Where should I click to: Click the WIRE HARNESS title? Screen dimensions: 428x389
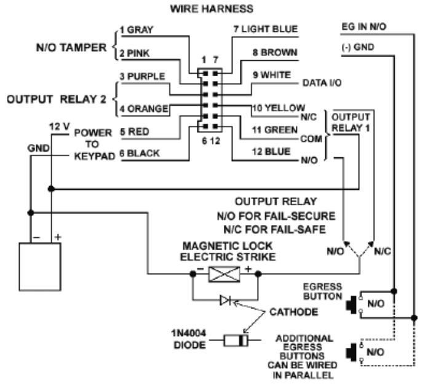[212, 9]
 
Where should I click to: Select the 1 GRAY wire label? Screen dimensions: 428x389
[137, 29]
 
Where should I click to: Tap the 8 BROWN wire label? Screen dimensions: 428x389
[275, 52]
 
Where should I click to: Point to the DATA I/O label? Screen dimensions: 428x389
[322, 83]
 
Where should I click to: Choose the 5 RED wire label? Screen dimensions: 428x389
[135, 132]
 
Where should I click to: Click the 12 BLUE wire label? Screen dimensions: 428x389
[271, 152]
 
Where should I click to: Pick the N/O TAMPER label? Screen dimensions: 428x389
[71, 47]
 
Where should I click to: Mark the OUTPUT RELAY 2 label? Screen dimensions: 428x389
[56, 100]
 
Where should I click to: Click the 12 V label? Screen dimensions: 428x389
[60, 127]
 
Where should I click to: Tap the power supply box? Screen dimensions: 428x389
[40, 267]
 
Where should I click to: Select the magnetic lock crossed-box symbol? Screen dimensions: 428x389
[224, 274]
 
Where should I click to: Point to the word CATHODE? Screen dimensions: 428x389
[294, 312]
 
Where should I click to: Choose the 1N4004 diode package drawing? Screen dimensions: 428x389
[236, 340]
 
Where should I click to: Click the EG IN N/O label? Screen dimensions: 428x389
[364, 27]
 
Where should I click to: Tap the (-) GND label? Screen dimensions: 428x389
[357, 47]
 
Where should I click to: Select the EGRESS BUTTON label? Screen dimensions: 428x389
[322, 291]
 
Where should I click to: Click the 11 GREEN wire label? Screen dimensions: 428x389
[275, 130]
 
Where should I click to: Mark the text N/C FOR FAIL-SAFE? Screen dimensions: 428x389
[275, 230]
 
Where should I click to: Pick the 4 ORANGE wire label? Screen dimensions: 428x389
[144, 109]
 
